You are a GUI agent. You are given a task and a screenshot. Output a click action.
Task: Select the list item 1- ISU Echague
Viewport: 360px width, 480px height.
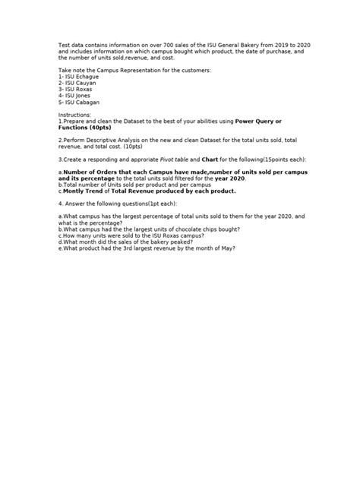[78, 76]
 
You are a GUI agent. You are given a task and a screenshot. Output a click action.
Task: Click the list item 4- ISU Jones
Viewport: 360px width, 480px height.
[75, 95]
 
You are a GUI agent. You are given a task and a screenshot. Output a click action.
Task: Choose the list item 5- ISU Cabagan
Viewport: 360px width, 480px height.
[79, 102]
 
